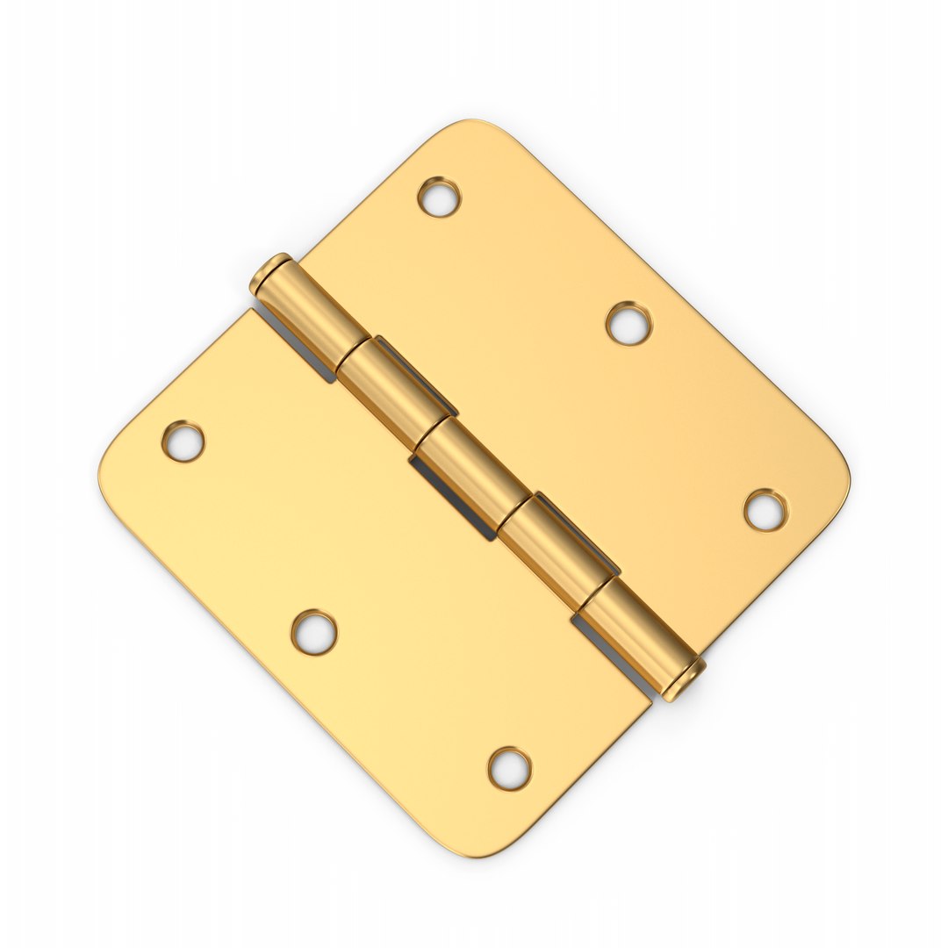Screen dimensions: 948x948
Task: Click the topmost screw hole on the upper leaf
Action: [x=439, y=197]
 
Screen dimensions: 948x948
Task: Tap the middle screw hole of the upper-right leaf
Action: [x=628, y=324]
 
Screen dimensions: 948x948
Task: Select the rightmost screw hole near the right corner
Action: [x=765, y=510]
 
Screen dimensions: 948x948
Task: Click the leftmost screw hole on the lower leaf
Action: [x=183, y=441]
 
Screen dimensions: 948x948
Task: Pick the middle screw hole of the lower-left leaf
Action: [x=314, y=632]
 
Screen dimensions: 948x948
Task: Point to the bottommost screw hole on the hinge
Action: [x=509, y=768]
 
